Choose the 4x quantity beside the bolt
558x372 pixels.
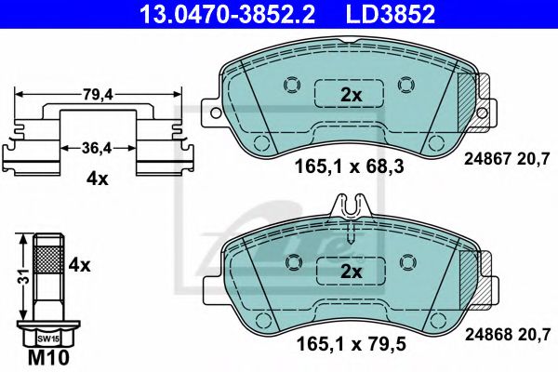tap(80, 264)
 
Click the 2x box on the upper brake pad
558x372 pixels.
tap(351, 94)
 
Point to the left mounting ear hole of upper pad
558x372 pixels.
tap(216, 114)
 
